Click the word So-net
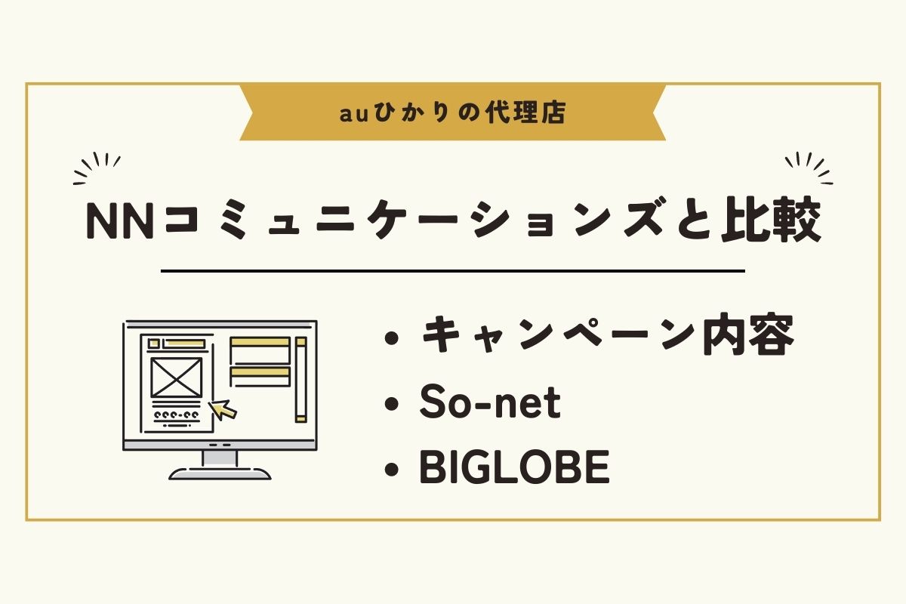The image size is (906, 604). pos(490,402)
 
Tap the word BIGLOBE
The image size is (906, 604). pos(514,467)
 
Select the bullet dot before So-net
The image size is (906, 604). pos(392,404)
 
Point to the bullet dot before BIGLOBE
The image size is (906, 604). pos(392,469)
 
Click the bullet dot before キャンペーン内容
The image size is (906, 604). pos(392,338)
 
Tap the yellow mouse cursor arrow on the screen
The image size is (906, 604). pos(222,409)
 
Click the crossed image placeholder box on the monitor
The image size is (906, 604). pos(177,377)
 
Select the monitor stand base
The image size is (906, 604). pos(220,473)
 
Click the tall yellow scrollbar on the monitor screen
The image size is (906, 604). pos(301,380)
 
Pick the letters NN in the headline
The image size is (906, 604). pos(120,221)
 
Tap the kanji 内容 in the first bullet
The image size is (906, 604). pos(748,335)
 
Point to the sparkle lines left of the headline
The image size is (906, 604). pos(97,168)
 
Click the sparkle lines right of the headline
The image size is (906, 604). pos(809,168)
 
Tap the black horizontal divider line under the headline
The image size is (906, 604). pos(453,271)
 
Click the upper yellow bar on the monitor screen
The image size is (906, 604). pos(260,342)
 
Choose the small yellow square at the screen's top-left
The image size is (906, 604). pos(154,344)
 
